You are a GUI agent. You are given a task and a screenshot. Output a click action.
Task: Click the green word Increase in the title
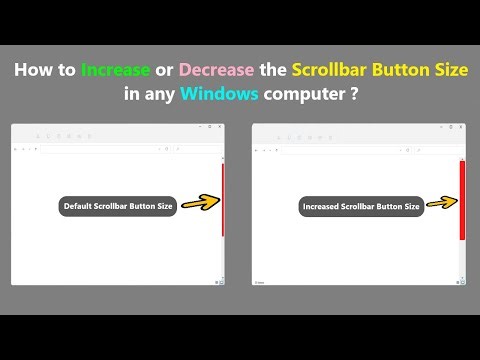coord(116,71)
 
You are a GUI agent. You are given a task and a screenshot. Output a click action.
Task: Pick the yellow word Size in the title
coord(445,71)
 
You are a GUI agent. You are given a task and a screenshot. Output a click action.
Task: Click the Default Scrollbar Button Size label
coord(118,207)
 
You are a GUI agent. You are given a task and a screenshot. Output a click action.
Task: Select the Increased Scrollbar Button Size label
coord(361,207)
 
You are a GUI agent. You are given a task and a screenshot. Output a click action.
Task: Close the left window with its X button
coord(220,129)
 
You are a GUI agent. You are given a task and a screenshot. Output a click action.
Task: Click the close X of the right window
coord(461,129)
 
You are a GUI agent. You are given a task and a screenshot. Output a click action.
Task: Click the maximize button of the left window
coord(210,129)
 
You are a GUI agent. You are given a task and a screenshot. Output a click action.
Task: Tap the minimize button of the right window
coord(441,129)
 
